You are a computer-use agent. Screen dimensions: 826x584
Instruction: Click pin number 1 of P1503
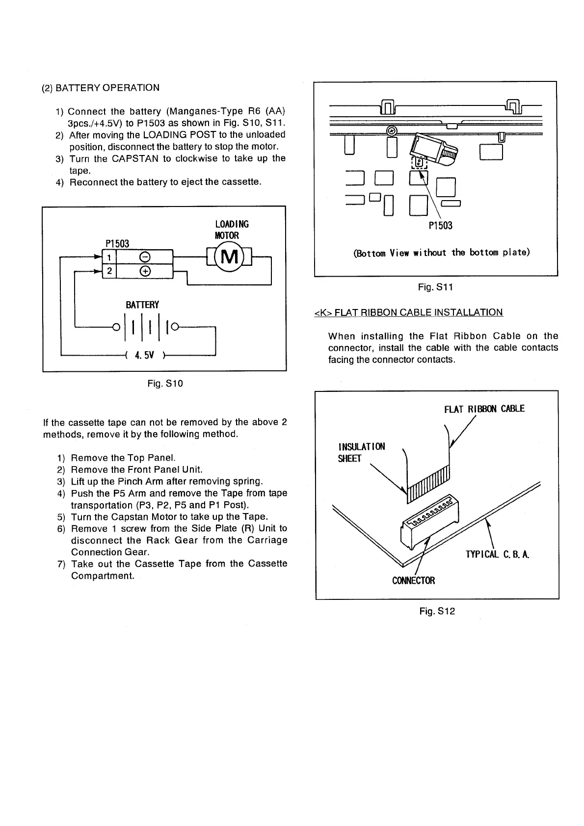[x=109, y=257]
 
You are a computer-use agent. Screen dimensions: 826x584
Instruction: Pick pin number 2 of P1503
[x=109, y=271]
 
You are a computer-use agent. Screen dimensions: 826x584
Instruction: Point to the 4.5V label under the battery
[x=145, y=355]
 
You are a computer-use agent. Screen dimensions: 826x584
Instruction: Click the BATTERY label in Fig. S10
[x=142, y=305]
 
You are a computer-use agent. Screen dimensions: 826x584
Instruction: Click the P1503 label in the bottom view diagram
[x=440, y=226]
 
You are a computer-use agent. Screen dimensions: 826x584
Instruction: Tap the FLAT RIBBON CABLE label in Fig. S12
[x=484, y=409]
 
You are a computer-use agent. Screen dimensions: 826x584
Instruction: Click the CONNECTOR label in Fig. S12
[x=413, y=581]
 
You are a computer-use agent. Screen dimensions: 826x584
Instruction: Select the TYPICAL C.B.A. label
[x=497, y=555]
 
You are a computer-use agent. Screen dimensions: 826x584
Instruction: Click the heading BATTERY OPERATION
[x=107, y=88]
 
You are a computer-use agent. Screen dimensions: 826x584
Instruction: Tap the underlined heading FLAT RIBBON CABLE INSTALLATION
[x=408, y=312]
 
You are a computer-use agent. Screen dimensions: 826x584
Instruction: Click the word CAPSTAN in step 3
[x=135, y=158]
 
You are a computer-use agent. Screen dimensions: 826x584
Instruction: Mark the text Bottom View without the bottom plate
[x=441, y=253]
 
